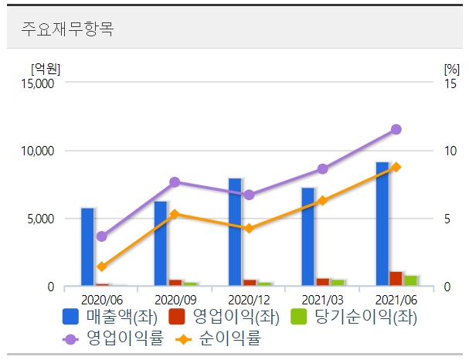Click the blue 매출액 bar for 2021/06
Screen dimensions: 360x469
coord(381,224)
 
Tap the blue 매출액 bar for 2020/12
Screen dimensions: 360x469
coord(234,232)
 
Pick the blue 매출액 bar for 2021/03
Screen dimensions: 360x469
coord(308,236)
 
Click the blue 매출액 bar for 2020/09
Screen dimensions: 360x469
coord(161,243)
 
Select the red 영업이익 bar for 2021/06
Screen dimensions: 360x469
coord(396,279)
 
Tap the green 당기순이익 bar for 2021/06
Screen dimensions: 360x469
coord(410,280)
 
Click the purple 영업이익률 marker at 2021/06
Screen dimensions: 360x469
coord(396,130)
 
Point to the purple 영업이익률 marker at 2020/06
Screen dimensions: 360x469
coord(102,236)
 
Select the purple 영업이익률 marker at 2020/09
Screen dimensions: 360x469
coord(175,182)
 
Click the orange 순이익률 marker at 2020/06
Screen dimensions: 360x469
coord(102,267)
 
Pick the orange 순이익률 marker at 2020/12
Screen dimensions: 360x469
coord(249,229)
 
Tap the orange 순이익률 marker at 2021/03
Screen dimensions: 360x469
coord(322,201)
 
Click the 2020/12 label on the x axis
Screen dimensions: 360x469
coord(249,299)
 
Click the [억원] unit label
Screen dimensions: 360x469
coord(45,67)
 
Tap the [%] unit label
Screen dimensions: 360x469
coord(451,67)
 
